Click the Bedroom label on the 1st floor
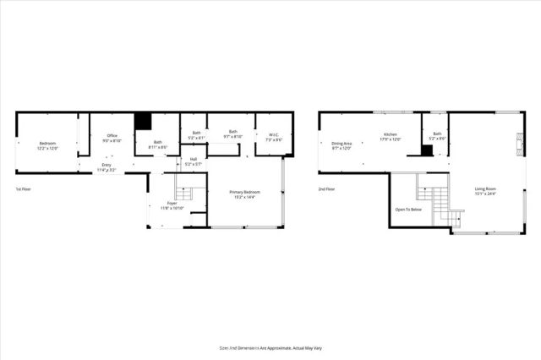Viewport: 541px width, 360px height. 47,145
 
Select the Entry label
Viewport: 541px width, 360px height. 106,167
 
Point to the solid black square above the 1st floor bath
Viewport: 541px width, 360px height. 143,121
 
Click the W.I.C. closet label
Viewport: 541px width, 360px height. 273,135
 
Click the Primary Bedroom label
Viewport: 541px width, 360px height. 245,194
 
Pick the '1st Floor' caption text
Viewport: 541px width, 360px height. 25,189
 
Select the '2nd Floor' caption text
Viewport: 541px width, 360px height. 327,189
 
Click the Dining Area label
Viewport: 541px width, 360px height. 342,145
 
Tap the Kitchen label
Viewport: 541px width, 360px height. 390,136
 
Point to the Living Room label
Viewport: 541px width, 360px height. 485,190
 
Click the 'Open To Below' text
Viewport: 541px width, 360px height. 408,209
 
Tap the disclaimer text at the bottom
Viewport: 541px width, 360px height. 270,346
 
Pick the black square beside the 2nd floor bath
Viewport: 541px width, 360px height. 427,150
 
